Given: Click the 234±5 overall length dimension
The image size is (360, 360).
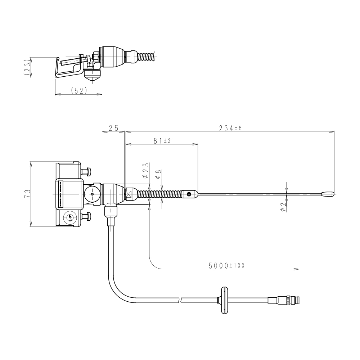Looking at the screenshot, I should tap(229, 129).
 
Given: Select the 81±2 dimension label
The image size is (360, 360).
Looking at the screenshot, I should tap(161, 141).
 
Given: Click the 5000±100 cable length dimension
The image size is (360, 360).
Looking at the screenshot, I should tap(226, 266).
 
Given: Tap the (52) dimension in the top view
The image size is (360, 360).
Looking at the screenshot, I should tap(78, 91).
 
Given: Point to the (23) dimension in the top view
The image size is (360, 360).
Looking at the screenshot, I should tap(26, 67).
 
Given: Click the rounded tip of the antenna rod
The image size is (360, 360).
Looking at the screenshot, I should tap(328, 194).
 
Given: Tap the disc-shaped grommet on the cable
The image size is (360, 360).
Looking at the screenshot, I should tap(224, 300).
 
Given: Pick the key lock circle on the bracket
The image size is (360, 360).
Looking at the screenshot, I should tap(69, 217).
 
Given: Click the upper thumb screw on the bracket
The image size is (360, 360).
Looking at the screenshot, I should tap(87, 170).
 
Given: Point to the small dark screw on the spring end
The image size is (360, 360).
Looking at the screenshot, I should tap(189, 194).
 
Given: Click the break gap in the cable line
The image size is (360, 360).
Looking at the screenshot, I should tap(180, 299).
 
